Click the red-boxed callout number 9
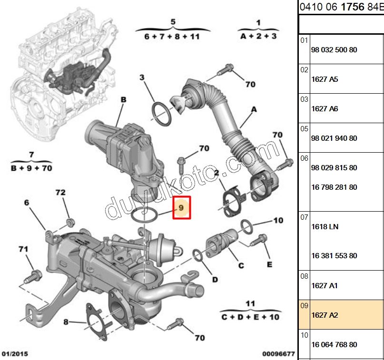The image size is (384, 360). click(181, 208)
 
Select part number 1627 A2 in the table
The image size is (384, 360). click(325, 315)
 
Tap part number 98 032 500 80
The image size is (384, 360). click(334, 49)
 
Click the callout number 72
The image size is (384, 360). click(60, 193)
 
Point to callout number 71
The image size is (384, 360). click(23, 249)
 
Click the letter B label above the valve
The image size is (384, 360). click(123, 100)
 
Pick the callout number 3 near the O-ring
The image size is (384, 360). click(141, 78)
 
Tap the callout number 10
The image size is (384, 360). click(278, 220)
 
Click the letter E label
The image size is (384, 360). click(269, 264)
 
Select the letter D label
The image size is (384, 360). click(215, 279)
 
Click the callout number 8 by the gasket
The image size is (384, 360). click(67, 322)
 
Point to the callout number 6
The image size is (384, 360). click(27, 203)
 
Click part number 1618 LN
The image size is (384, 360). click(325, 227)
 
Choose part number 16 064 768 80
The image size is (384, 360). click(334, 344)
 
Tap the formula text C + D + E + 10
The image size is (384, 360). click(250, 316)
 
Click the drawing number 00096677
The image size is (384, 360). click(278, 354)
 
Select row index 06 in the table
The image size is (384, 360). click(304, 158)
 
